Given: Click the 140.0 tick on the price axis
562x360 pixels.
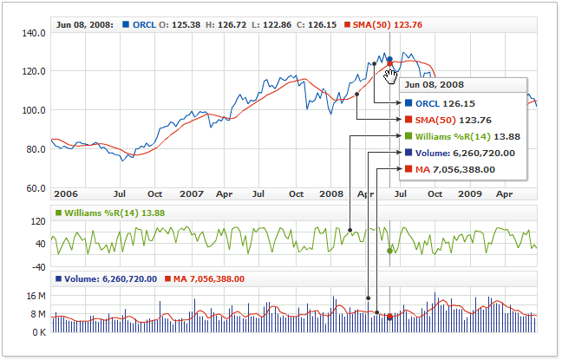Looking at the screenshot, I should coord(34,33).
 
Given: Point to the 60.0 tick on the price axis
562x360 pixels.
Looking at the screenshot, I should coord(34,187).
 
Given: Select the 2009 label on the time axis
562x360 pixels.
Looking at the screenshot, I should coord(470,195).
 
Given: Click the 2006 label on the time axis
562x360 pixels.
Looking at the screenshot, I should coord(66,195).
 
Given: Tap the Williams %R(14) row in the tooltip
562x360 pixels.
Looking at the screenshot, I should coord(461,136).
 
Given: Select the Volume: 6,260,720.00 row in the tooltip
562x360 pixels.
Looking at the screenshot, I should coord(460,153).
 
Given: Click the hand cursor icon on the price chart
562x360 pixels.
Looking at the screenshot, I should coord(390,76).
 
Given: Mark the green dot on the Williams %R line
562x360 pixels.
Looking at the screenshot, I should coord(389,251).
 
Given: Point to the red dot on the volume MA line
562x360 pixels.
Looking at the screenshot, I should coord(389,317).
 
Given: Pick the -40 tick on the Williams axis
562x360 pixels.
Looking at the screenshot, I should coord(37,267).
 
